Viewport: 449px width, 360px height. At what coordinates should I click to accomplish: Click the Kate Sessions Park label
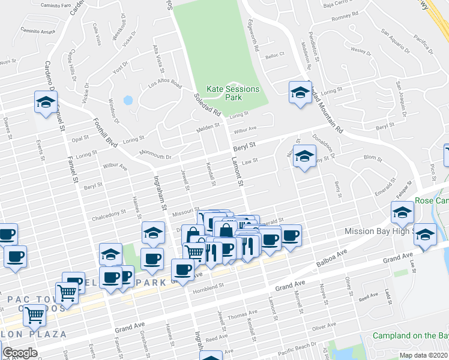[233, 93]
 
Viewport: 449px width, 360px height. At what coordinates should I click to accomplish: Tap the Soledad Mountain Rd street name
[325, 108]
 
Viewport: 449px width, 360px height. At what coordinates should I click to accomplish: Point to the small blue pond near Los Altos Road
[127, 100]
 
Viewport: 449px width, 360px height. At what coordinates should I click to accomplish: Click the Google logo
[19, 353]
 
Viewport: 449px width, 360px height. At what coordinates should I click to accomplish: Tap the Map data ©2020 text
[423, 355]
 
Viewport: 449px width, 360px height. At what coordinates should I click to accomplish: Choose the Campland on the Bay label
[410, 335]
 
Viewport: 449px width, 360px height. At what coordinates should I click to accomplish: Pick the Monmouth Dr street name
[155, 155]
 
